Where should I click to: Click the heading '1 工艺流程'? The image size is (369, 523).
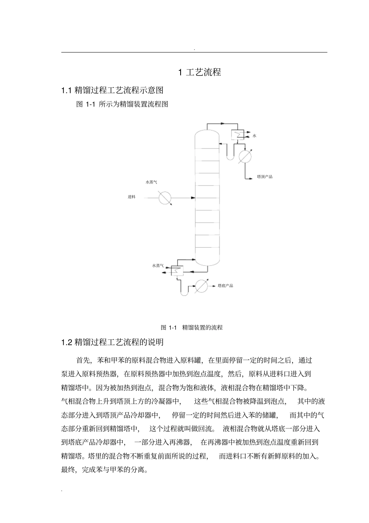[199, 72]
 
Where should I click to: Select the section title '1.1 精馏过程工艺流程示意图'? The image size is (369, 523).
[112, 91]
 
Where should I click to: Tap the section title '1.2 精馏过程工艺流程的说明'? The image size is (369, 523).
[112, 342]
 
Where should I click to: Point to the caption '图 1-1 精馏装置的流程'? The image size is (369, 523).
[191, 327]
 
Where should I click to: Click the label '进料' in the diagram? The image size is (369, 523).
[132, 197]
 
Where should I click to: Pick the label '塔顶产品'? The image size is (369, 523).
[265, 177]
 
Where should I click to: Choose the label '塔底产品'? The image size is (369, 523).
[225, 286]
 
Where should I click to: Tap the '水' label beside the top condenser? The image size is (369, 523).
[254, 136]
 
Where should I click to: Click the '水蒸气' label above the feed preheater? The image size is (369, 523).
[151, 182]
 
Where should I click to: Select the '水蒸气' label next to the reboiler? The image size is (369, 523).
[158, 266]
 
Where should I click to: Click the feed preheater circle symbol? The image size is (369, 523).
[165, 198]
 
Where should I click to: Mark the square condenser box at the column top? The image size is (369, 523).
[236, 135]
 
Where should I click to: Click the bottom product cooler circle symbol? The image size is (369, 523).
[201, 286]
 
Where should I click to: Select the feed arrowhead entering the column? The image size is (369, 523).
[193, 198]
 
